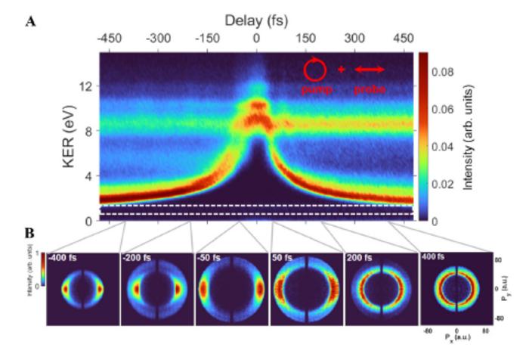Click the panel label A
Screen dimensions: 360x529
31,21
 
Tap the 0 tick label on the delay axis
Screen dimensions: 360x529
258,38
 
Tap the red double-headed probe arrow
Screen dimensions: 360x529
370,70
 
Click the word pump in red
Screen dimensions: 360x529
315,88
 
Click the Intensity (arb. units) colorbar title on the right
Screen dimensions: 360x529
470,136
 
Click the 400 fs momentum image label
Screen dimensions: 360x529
435,259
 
